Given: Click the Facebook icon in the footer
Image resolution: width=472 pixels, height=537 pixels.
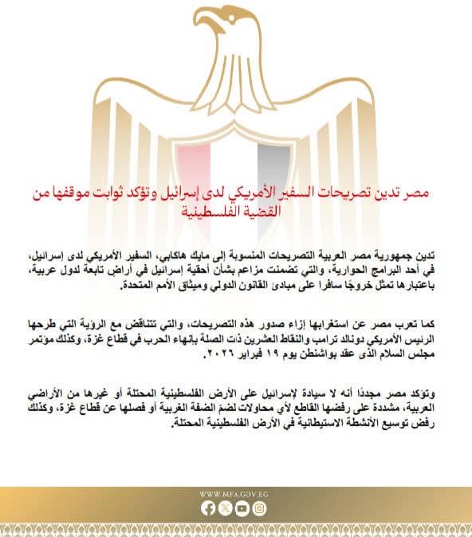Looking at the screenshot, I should (209, 508).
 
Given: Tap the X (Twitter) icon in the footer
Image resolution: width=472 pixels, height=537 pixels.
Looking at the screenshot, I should (225, 508).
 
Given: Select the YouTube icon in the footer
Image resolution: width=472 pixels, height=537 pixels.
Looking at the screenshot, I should (242, 508).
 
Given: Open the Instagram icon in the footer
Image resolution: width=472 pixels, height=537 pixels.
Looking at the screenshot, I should (258, 508).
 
